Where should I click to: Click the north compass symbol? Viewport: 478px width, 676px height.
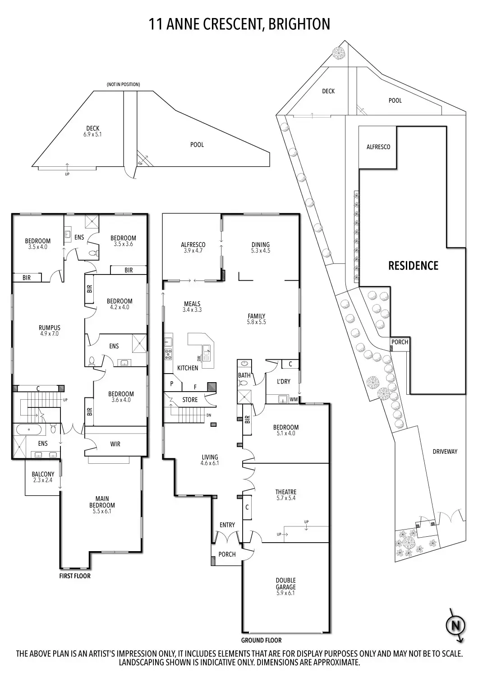tap(455, 626)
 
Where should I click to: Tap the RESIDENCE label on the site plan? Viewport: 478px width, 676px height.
tap(413, 265)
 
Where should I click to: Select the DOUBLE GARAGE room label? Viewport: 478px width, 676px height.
tap(285, 583)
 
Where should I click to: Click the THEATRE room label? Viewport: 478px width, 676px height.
tap(286, 492)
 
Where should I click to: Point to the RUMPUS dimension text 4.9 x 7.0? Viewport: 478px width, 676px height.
tap(49, 334)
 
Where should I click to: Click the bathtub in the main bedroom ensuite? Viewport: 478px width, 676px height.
tap(29, 429)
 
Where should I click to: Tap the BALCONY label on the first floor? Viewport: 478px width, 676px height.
tap(43, 474)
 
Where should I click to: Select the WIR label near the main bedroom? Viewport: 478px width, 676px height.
tap(115, 444)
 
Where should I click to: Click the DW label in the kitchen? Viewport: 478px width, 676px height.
tap(199, 359)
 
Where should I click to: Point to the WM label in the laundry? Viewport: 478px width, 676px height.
tap(294, 400)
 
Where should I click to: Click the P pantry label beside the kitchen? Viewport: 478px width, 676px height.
tap(172, 384)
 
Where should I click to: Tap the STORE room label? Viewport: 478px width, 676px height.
tap(190, 400)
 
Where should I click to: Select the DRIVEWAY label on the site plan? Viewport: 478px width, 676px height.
tap(445, 452)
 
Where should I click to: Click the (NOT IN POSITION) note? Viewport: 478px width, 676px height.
tap(124, 85)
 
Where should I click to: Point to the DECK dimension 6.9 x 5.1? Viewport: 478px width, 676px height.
tap(93, 135)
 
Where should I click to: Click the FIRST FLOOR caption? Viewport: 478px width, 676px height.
tap(75, 576)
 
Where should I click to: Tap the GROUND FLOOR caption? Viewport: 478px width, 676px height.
tap(262, 640)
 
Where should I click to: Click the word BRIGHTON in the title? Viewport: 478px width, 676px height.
tap(299, 24)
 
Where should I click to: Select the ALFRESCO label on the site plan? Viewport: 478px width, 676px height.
tap(378, 147)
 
